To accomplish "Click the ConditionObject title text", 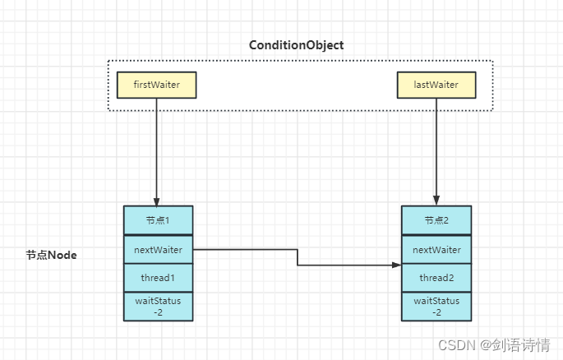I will (x=297, y=45).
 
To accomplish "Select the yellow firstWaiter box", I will (x=156, y=85).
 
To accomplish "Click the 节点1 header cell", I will (x=158, y=220).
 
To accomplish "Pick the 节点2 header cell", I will (x=436, y=220).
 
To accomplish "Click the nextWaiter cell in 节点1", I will (x=158, y=249).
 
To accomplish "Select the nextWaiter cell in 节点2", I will (x=436, y=249).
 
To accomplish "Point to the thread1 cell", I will (x=158, y=278).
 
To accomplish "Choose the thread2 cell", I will (x=436, y=278).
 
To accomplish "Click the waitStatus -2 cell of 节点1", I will (x=158, y=306).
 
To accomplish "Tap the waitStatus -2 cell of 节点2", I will (x=436, y=306).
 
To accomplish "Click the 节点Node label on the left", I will (x=51, y=256).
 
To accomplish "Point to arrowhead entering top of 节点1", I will (x=156, y=201).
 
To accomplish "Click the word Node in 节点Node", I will (x=62, y=256).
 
